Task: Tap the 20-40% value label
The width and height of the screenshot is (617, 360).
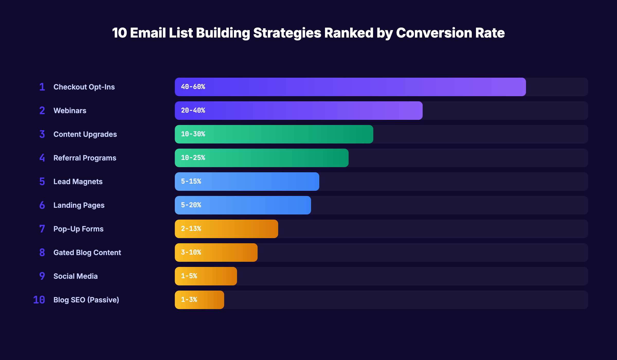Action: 193,111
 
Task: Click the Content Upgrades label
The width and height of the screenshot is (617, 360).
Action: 85,134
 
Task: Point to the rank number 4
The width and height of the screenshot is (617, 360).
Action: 42,158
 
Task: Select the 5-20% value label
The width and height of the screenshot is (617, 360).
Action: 191,205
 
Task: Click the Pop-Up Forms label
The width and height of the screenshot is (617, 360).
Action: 78,229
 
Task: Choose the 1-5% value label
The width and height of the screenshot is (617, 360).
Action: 189,276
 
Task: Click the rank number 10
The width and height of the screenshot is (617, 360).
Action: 39,300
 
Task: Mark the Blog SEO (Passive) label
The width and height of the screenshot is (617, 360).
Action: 86,300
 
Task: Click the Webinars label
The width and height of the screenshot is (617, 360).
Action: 70,111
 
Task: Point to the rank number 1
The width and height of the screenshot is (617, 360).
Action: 42,87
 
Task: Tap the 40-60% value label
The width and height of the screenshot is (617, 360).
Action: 193,87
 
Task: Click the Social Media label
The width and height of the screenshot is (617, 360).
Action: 75,276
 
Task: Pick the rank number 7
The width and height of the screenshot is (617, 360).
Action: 42,229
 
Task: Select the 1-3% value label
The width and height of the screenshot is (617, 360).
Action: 189,300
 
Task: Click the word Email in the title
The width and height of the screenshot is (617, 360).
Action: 148,33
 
